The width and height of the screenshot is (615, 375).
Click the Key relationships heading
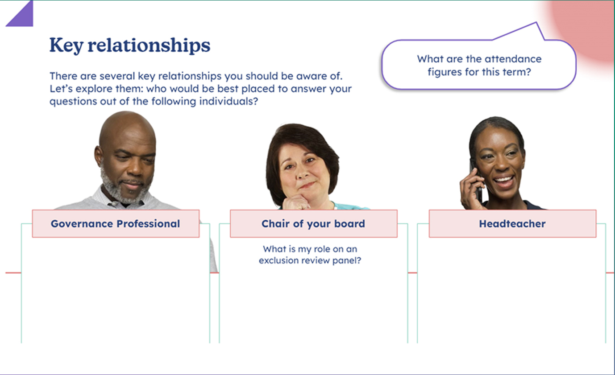129,45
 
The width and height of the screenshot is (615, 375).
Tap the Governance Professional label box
116,223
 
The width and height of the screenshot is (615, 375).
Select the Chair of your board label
313,223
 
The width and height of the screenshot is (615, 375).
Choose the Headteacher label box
512,223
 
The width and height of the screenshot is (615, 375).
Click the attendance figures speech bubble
478,65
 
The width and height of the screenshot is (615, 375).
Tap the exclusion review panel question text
310,255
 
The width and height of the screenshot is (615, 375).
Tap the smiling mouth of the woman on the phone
503,182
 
